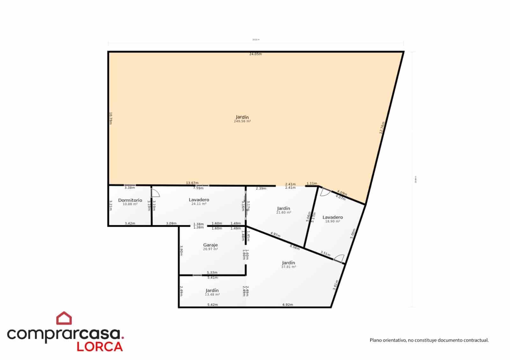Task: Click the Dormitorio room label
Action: point(130,200)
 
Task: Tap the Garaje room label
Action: point(210,245)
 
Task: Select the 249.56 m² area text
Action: point(242,121)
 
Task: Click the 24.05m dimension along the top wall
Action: point(255,54)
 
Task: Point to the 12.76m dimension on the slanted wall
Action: point(382,127)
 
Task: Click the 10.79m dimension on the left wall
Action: point(111,118)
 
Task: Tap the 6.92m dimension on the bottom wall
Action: point(288,305)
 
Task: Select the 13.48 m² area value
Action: point(212,295)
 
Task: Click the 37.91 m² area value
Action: point(288,267)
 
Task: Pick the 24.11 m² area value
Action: point(199,204)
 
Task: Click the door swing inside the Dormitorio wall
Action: point(155,193)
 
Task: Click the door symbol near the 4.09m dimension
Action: point(325,192)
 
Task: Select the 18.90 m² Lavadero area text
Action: point(332,221)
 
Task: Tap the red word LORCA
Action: point(100,347)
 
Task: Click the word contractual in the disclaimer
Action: point(475,340)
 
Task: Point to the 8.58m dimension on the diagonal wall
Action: point(295,247)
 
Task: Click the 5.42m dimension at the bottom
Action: point(213,305)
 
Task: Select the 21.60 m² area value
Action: point(283,212)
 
